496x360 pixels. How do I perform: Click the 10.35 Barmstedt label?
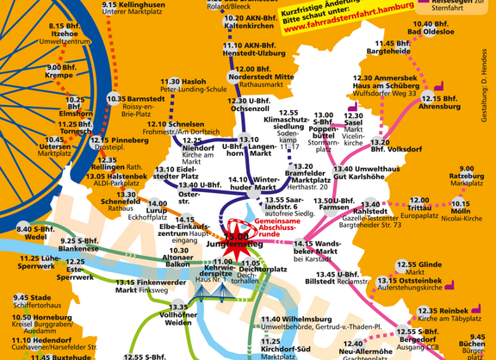[x=136, y=104]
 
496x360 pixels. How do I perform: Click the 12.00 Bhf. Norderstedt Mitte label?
[x=258, y=76]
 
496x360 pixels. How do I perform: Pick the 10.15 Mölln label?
[x=462, y=208]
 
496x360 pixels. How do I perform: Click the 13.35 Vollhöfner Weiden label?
[x=178, y=315]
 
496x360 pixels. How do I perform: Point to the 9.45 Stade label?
[x=33, y=301]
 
